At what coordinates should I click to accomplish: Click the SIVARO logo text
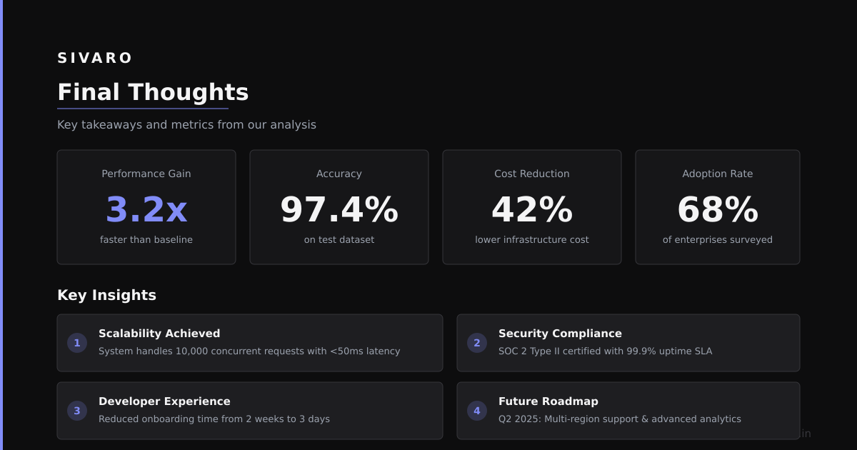[x=94, y=58]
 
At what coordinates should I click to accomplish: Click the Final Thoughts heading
[x=153, y=92]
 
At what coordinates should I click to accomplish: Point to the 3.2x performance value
[x=146, y=209]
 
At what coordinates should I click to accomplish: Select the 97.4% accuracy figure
[x=339, y=209]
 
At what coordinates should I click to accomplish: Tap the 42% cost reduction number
[x=532, y=209]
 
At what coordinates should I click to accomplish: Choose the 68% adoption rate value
[x=718, y=209]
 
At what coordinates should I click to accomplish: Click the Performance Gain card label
[x=146, y=174]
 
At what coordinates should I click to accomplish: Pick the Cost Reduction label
[x=532, y=174]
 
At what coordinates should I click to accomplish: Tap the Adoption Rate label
[x=718, y=174]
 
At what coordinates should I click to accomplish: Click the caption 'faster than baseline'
[x=146, y=239]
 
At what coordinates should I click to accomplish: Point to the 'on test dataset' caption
[x=339, y=239]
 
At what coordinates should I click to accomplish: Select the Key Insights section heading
[x=106, y=296]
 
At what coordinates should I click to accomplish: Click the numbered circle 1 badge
[x=77, y=343]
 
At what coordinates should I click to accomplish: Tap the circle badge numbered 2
[x=477, y=343]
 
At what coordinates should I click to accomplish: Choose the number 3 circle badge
[x=77, y=411]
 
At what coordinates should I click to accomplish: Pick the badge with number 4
[x=477, y=411]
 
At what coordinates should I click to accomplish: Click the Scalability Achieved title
[x=159, y=334]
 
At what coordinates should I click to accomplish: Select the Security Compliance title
[x=560, y=334]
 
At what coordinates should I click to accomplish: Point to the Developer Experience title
[x=164, y=401]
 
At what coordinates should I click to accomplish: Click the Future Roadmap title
[x=548, y=401]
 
